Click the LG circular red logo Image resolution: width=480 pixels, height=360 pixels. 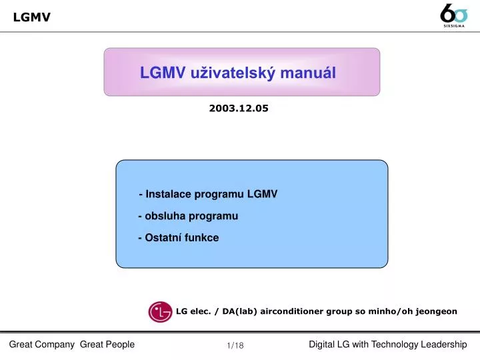[x=160, y=311]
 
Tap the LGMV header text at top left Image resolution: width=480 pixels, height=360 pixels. [x=31, y=17]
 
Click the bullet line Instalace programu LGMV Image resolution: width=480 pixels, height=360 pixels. [x=208, y=194]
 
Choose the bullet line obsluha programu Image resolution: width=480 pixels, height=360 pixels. [x=188, y=216]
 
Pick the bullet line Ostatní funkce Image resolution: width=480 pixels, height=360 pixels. [x=179, y=237]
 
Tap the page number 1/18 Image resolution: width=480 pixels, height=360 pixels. [x=235, y=345]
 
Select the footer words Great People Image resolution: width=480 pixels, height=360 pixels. [x=107, y=344]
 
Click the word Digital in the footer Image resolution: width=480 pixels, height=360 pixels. [x=323, y=344]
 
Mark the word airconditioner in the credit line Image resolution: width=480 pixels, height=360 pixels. [x=293, y=311]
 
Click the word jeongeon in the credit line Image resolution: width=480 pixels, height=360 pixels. [x=437, y=311]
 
